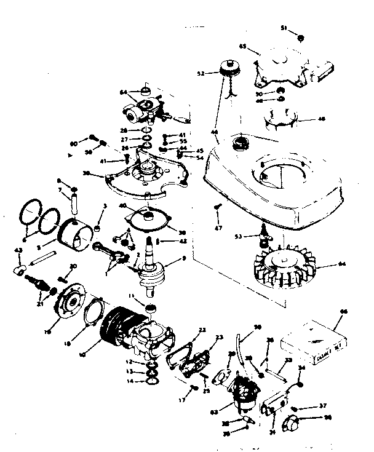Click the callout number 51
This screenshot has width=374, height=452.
(x=284, y=28)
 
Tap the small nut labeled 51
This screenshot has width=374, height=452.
(x=300, y=37)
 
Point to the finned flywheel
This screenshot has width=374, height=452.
(x=284, y=266)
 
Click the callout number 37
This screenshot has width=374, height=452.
(x=322, y=406)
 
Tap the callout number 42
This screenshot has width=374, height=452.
(x=166, y=241)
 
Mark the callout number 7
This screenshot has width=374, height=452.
(x=62, y=190)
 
